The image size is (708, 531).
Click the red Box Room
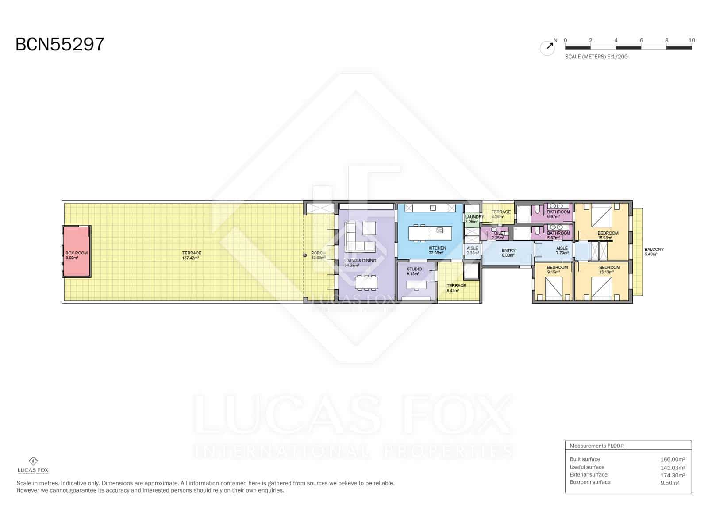(x=77, y=251)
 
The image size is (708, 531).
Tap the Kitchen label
(x=437, y=248)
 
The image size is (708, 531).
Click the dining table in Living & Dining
(x=367, y=282)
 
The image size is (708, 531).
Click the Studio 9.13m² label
(x=414, y=271)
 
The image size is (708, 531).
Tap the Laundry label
(x=474, y=217)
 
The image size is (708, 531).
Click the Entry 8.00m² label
(x=508, y=253)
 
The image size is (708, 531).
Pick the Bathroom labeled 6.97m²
(x=558, y=214)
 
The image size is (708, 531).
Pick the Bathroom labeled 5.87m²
(x=558, y=235)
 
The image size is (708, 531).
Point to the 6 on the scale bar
(x=641, y=40)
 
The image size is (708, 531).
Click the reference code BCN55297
(x=60, y=44)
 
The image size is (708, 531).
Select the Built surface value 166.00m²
(x=672, y=459)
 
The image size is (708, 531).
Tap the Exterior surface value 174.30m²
(x=672, y=475)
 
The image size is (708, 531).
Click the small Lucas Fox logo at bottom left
(x=33, y=465)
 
